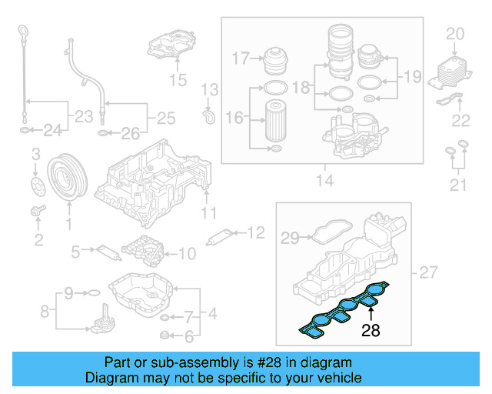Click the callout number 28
pyautogui.click(x=371, y=331)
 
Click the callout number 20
pyautogui.click(x=455, y=33)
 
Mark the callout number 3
pyautogui.click(x=34, y=158)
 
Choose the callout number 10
pyautogui.click(x=187, y=252)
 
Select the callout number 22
pyautogui.click(x=460, y=119)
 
